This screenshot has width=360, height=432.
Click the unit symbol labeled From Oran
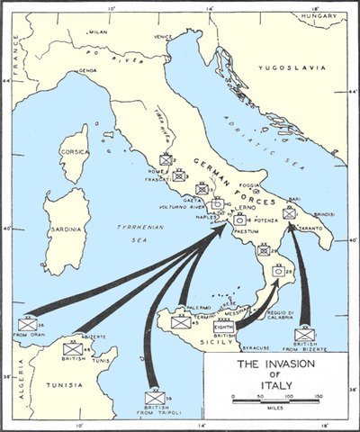28,325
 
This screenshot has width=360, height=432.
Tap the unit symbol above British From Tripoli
154,396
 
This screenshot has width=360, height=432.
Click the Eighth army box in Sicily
224,328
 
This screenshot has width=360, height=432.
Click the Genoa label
88,70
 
